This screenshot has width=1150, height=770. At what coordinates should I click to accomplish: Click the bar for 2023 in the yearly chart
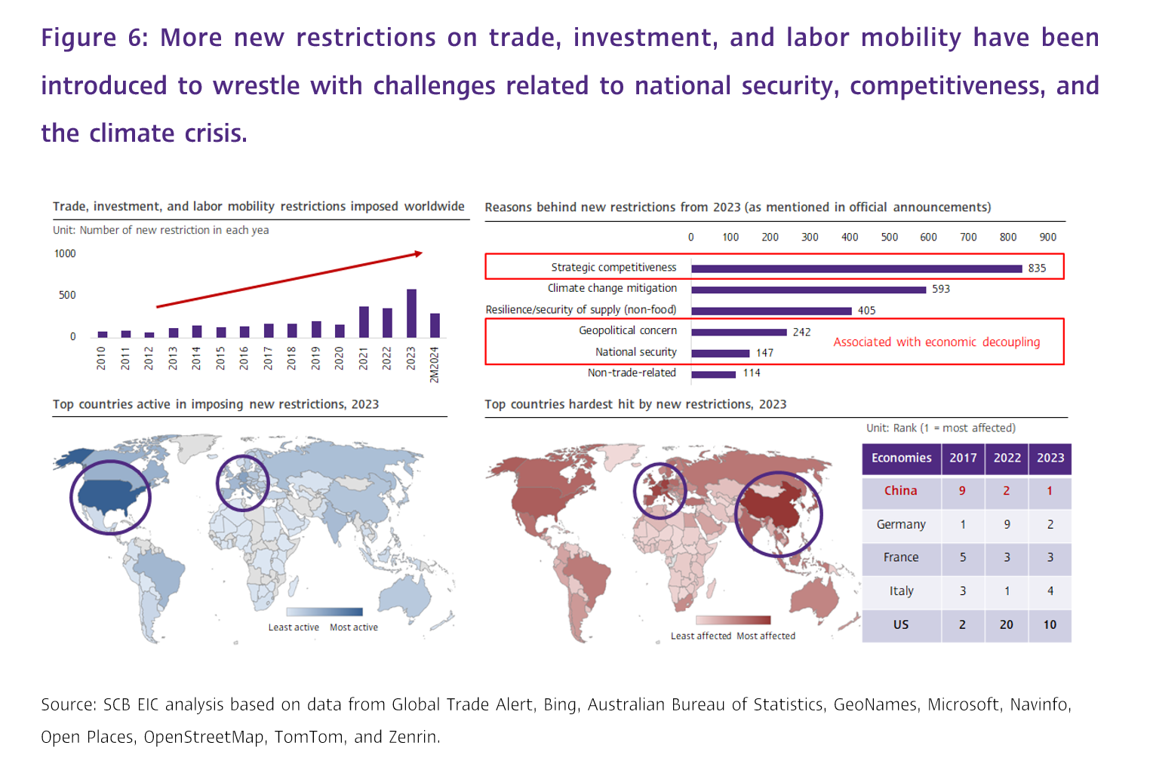click(x=411, y=313)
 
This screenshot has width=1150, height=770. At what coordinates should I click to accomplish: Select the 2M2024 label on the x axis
click(x=435, y=365)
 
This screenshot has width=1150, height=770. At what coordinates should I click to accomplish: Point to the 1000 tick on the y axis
click(x=65, y=253)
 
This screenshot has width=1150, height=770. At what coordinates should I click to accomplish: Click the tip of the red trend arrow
click(x=421, y=253)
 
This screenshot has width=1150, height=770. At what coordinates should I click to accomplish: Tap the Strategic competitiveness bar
click(x=856, y=268)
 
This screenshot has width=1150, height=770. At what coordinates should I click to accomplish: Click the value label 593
click(x=941, y=289)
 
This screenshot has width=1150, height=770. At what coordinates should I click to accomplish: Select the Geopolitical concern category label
click(x=628, y=330)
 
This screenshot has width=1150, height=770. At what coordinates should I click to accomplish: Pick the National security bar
click(x=721, y=353)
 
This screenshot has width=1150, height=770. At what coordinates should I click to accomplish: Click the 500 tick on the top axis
click(x=890, y=237)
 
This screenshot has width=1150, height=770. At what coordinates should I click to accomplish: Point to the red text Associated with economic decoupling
click(x=936, y=342)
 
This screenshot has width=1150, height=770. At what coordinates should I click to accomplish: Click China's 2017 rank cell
click(x=962, y=491)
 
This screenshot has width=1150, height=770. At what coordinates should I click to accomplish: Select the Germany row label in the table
click(x=901, y=524)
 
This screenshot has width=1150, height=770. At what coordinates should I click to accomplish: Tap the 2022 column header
click(x=1007, y=458)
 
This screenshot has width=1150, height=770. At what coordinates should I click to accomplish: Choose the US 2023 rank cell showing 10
click(x=1050, y=624)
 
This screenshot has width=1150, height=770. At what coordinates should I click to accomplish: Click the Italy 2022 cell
click(x=1007, y=591)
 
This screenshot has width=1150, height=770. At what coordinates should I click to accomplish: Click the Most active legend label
click(x=354, y=627)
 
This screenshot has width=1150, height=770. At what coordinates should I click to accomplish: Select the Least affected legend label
click(x=701, y=636)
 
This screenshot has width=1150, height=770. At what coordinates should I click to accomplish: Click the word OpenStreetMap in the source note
click(x=204, y=737)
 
